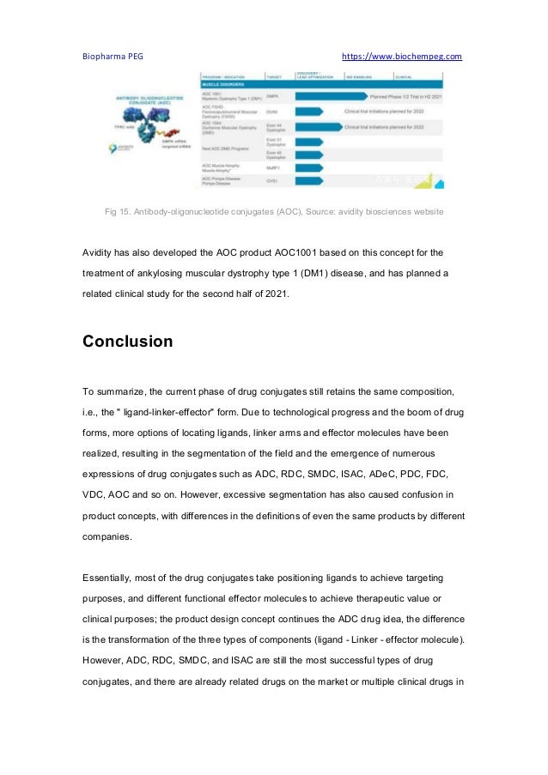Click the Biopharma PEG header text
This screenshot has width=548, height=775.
tap(113, 57)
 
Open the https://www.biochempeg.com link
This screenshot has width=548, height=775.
tap(401, 57)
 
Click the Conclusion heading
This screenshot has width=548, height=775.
tap(127, 342)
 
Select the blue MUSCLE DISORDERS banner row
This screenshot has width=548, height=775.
tap(321, 86)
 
